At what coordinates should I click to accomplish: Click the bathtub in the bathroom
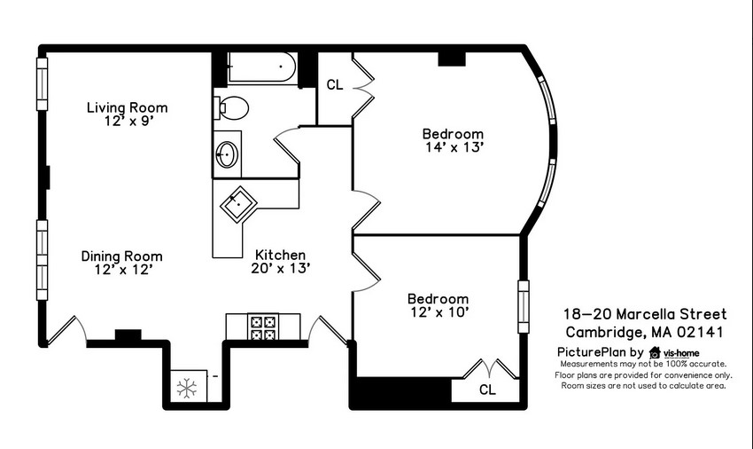(262, 67)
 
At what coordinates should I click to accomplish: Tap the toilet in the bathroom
(231, 107)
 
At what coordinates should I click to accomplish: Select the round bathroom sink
(227, 154)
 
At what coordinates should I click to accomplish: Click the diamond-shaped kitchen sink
(238, 204)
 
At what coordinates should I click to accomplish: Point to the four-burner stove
(263, 327)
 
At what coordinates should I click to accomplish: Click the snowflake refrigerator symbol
(186, 388)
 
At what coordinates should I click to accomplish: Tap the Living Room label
(128, 107)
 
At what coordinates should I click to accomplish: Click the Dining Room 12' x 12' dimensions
(123, 270)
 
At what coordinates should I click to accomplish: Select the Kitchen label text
(280, 255)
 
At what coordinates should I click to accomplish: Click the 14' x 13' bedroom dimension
(454, 147)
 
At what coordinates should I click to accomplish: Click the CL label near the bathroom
(335, 84)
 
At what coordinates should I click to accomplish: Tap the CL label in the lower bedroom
(487, 390)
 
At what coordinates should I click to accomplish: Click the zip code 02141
(700, 332)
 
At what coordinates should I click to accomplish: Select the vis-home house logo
(655, 353)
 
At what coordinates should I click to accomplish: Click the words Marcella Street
(671, 314)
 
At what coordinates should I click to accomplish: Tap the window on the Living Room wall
(43, 84)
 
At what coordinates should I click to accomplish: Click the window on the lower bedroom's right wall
(524, 307)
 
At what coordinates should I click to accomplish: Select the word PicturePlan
(592, 351)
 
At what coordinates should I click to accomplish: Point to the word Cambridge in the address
(605, 333)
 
